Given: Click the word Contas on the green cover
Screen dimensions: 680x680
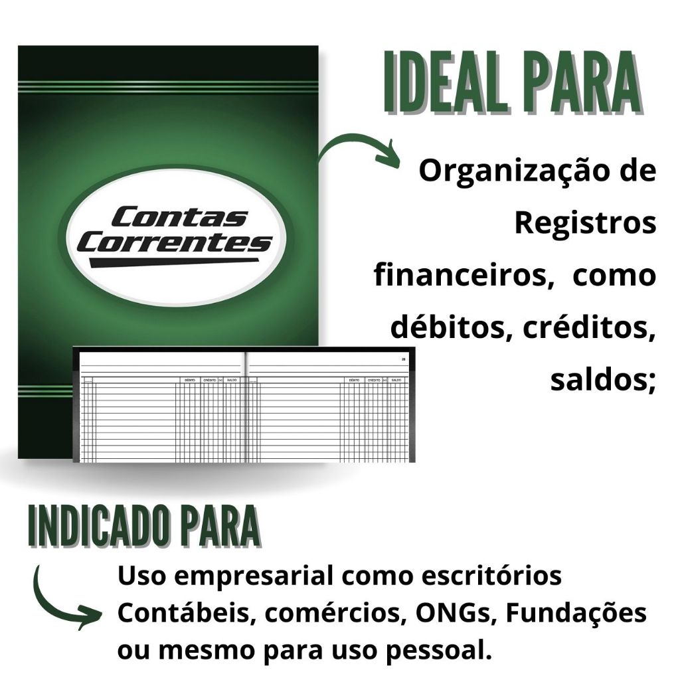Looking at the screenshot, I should tap(179, 217).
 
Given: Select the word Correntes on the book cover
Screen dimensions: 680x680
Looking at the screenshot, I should tap(174, 243).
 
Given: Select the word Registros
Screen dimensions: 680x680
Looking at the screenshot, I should tap(585, 223).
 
